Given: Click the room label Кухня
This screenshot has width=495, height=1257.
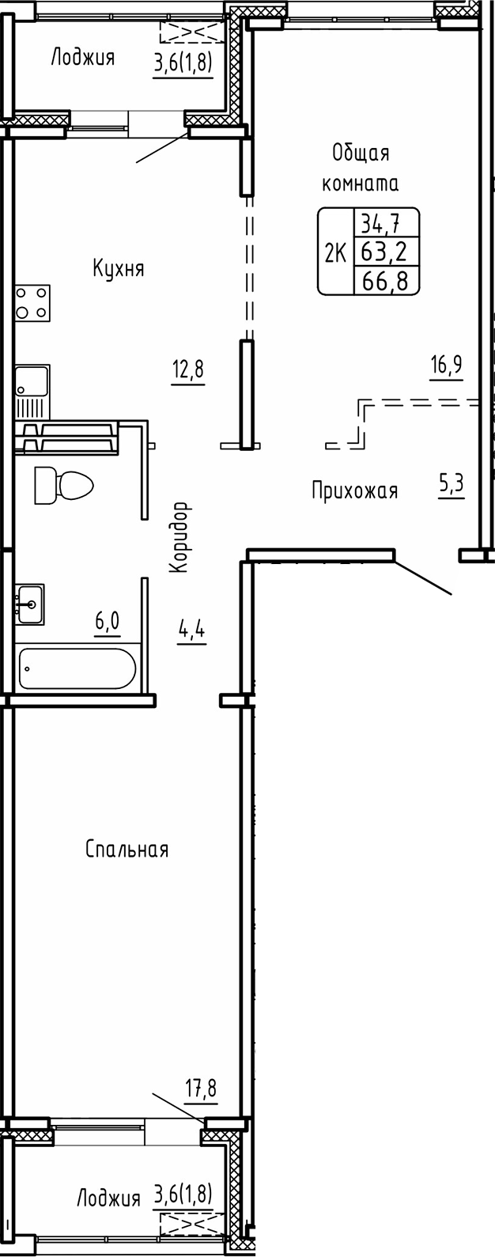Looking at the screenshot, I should pyautogui.click(x=118, y=268).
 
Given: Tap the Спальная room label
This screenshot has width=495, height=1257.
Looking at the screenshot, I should pyautogui.click(x=127, y=850).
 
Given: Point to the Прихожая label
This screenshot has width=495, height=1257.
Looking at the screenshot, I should pyautogui.click(x=354, y=491).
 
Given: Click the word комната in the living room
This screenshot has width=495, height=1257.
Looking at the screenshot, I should pyautogui.click(x=360, y=184).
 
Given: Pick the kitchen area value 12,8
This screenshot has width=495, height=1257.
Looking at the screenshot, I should pyautogui.click(x=189, y=369).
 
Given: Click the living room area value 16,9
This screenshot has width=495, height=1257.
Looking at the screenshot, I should pyautogui.click(x=446, y=365).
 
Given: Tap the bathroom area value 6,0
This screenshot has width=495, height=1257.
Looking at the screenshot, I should pyautogui.click(x=108, y=621).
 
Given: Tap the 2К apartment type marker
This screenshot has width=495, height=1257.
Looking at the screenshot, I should pyautogui.click(x=336, y=253).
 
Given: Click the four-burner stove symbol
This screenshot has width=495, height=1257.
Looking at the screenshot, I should pyautogui.click(x=32, y=302).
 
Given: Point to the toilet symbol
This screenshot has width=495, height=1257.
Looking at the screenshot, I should pyautogui.click(x=62, y=484).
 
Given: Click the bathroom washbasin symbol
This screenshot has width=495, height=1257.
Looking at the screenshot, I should pyautogui.click(x=29, y=604).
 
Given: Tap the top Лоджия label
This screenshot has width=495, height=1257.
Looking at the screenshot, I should pyautogui.click(x=82, y=58).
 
